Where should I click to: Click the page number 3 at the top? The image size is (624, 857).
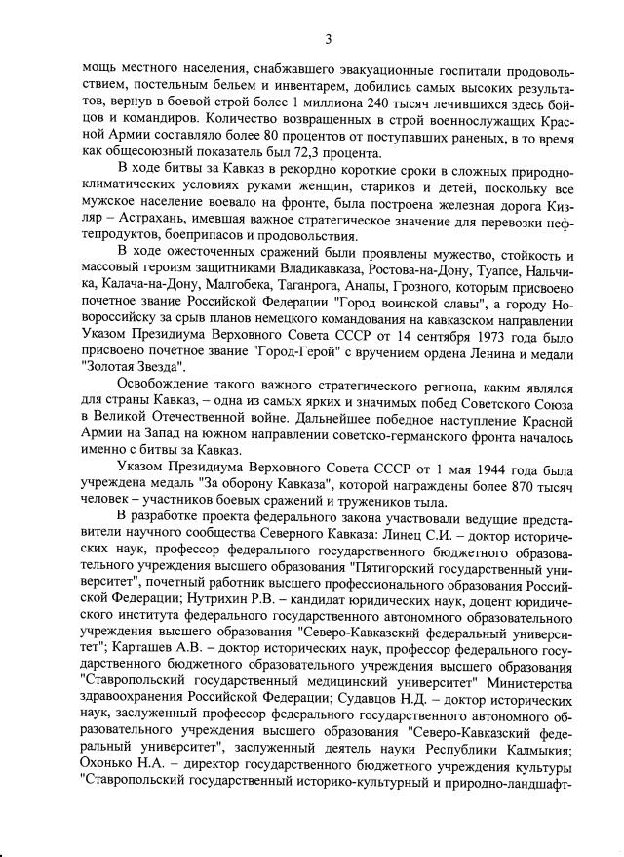point(329,39)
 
